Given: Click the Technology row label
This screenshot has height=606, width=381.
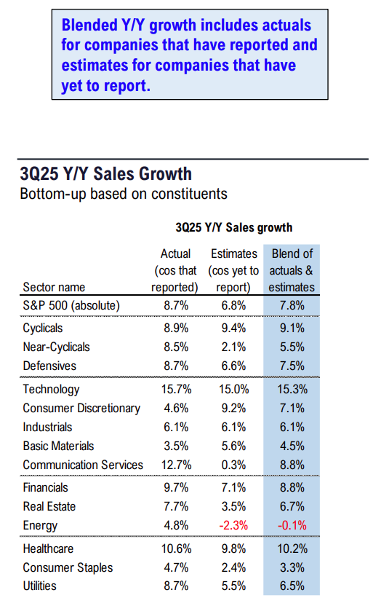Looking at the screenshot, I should [x=51, y=390].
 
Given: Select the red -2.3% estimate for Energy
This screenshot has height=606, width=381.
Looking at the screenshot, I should [x=233, y=525].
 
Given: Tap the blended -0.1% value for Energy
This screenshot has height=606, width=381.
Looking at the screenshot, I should [x=292, y=525].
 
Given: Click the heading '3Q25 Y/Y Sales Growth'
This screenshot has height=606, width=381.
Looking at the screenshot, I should [x=106, y=174].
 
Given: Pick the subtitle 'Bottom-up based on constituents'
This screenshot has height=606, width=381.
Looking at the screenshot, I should [x=124, y=194].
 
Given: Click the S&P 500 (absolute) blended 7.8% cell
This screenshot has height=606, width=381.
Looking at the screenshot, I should [x=292, y=305].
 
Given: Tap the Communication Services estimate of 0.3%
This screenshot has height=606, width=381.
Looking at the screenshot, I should [x=233, y=465].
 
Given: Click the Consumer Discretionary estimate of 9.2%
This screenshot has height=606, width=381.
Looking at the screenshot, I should [x=233, y=408].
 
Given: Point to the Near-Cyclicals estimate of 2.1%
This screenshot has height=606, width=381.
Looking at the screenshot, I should [x=233, y=347].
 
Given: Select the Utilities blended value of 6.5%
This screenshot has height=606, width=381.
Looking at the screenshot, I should [x=292, y=586].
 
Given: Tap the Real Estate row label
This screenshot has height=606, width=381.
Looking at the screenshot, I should [x=49, y=506].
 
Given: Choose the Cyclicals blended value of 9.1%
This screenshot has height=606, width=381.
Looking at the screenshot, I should [x=292, y=328].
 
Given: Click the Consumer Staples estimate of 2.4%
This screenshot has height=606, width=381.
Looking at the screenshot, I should [x=233, y=567].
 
